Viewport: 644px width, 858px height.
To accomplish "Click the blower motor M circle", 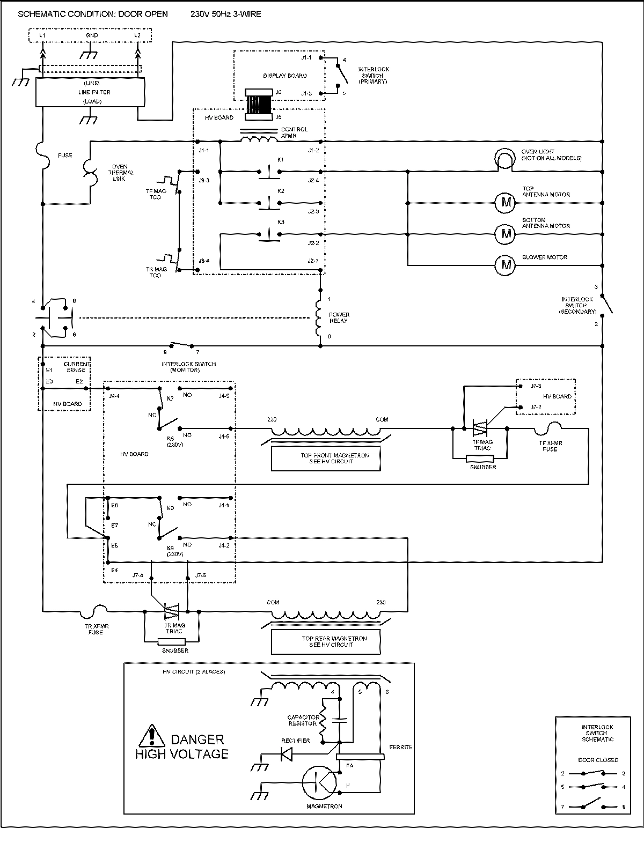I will tap(505, 265).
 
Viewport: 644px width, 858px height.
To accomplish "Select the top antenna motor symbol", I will tap(505, 203).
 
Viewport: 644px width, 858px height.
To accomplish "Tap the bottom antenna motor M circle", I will tap(505, 234).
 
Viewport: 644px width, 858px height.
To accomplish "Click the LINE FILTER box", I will tap(90, 92).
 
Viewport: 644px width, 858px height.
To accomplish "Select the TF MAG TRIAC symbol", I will tap(480, 428).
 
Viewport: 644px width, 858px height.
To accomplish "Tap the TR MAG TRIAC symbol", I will tap(172, 611).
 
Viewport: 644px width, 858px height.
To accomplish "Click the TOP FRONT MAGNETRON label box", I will tap(326, 459).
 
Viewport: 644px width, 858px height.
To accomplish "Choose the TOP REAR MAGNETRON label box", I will tap(326, 642).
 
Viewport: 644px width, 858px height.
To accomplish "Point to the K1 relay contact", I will tap(267, 172).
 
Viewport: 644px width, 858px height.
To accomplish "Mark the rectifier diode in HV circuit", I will tap(287, 755).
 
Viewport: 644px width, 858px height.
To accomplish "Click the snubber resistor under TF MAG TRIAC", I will tap(480, 458).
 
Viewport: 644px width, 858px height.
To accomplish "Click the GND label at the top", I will tap(92, 35).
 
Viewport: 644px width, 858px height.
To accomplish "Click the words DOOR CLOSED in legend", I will tap(598, 760).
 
